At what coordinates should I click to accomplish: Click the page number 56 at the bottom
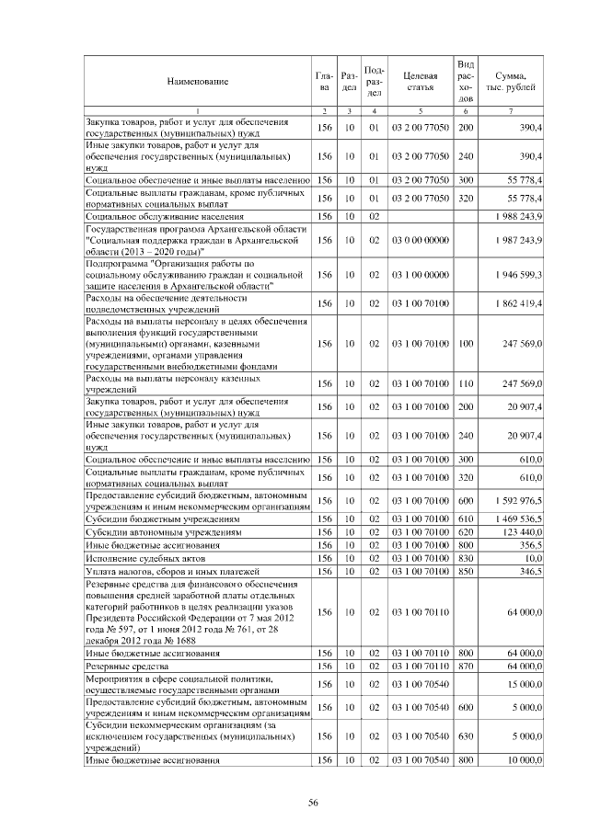point(313,803)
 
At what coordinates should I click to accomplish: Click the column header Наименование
point(197,82)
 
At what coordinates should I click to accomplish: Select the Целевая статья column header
point(419,81)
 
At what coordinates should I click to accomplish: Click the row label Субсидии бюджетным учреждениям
point(150,519)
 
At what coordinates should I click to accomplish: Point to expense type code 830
point(466,558)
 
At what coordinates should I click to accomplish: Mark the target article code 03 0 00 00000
point(420,240)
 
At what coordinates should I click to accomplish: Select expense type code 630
point(466,736)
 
